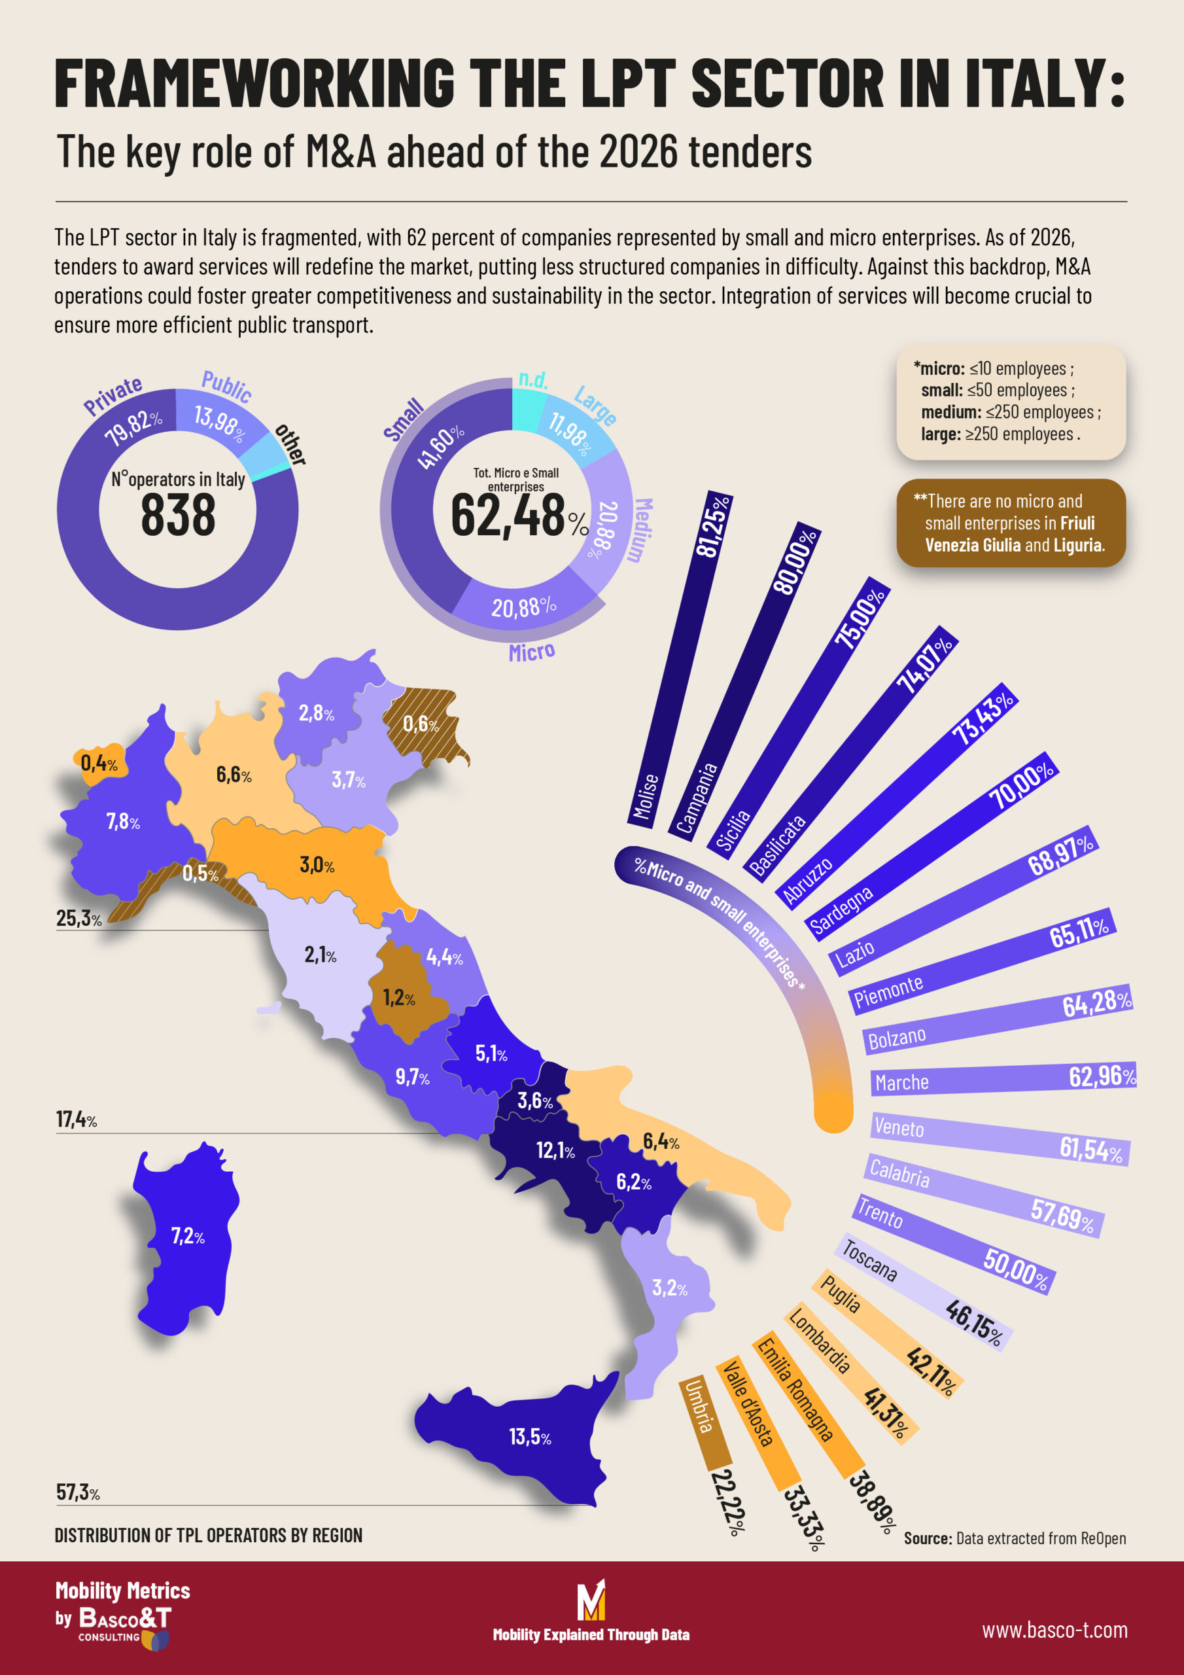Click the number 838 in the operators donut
point(177,514)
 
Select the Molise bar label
point(645,797)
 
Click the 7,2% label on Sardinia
point(188,1236)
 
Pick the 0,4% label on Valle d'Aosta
point(99,763)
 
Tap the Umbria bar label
point(697,1407)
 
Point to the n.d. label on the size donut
point(532,379)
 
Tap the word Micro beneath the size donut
point(531,652)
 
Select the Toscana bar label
point(869,1260)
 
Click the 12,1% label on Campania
point(555,1150)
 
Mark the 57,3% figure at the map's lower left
point(77,1492)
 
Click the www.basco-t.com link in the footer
point(1054,1630)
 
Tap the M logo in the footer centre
point(591,1600)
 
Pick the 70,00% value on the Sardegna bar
point(1020,785)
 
